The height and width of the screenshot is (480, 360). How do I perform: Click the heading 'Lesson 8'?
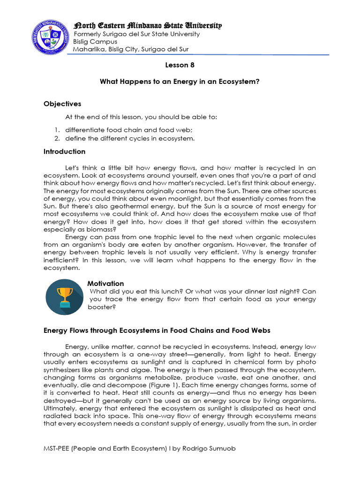click(180, 65)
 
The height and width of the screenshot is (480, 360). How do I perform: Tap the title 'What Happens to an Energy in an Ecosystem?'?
click(180, 82)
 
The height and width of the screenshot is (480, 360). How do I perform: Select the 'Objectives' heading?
click(62, 104)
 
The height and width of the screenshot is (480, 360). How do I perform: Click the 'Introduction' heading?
click(64, 151)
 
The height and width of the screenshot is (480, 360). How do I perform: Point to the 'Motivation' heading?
click(105, 283)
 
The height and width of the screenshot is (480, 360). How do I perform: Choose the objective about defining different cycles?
click(129, 138)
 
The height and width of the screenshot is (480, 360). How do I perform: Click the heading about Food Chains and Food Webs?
click(157, 330)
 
